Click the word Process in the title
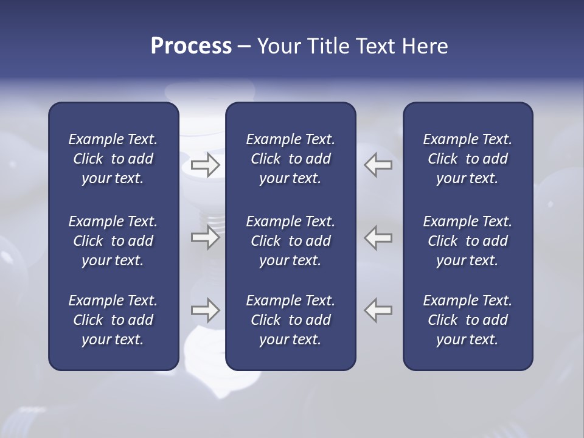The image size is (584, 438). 191,46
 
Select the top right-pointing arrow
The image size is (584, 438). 206,165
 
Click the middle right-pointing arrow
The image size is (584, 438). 206,237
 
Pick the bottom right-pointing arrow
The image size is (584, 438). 206,310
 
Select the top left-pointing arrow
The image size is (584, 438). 378,165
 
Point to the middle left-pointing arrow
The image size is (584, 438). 378,237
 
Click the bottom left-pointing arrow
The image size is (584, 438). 378,310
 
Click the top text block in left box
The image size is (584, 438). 113,159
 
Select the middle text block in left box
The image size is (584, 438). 113,241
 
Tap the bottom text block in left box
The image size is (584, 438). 113,320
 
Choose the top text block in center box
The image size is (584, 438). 290,159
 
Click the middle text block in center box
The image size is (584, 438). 290,241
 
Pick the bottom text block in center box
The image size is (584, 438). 290,320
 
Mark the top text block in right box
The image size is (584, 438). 467,159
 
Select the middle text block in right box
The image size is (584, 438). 467,241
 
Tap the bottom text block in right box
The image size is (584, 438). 467,320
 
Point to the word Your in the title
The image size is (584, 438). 277,46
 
